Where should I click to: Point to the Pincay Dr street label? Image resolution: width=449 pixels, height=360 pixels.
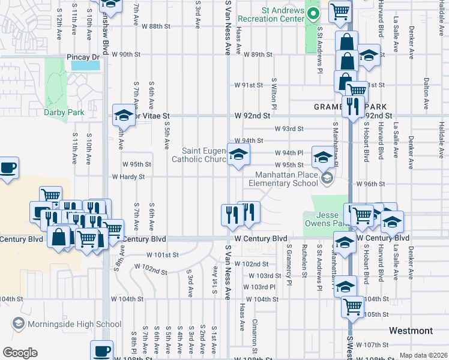(82, 58)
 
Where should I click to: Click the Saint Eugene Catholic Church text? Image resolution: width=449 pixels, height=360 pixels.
(199, 155)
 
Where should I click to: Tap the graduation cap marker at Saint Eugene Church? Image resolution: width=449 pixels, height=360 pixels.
(238, 155)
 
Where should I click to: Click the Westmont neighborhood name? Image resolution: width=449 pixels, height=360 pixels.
(411, 331)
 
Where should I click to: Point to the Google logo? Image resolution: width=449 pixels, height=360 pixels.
(20, 353)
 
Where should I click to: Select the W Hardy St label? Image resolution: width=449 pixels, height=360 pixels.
(128, 177)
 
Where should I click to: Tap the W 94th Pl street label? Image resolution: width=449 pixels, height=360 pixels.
(290, 153)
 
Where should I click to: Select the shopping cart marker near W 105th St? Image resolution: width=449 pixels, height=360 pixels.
(352, 306)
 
